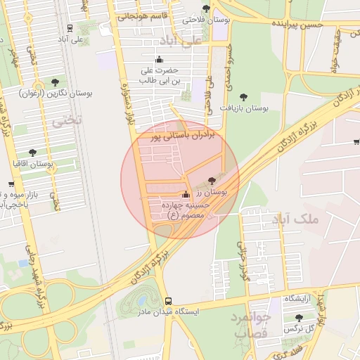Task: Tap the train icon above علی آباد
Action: (69, 28)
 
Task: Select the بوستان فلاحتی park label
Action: (201, 20)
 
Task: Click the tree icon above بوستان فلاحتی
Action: (206, 8)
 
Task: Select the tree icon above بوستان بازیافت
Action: (243, 97)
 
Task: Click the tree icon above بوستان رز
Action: (212, 181)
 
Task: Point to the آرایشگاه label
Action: (297, 299)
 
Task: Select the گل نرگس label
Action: (297, 329)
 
